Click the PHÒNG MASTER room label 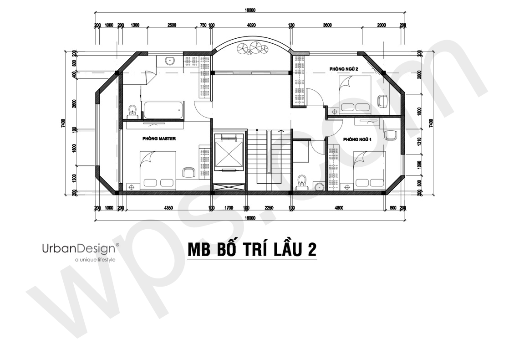click(x=159, y=139)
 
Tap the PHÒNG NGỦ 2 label click(x=344, y=69)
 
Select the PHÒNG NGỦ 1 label click(x=357, y=139)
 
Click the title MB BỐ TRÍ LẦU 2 click(x=252, y=250)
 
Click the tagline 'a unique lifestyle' click(x=95, y=260)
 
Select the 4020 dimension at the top click(x=251, y=25)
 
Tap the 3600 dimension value click(x=327, y=25)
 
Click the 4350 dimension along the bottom click(x=168, y=208)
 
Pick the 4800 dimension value click(x=339, y=208)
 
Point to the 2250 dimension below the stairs click(x=269, y=208)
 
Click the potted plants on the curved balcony click(x=253, y=48)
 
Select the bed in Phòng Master click(x=158, y=170)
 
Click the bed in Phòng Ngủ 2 click(x=355, y=94)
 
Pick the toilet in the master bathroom click(x=132, y=111)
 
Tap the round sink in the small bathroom click(x=319, y=186)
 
